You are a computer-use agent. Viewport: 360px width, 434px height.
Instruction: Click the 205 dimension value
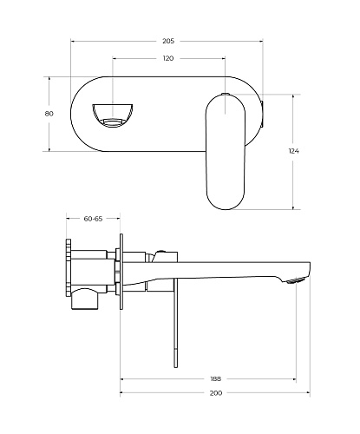click(x=168, y=41)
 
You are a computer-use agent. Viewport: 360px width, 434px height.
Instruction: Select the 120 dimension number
click(x=168, y=58)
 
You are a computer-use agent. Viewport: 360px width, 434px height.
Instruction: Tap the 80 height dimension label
click(x=49, y=114)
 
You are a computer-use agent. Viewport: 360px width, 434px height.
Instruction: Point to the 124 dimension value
click(x=293, y=151)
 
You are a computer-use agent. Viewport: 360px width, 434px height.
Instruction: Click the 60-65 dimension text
click(x=93, y=219)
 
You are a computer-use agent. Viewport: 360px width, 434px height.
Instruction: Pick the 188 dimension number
click(x=216, y=378)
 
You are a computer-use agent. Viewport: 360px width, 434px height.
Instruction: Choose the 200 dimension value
click(x=216, y=393)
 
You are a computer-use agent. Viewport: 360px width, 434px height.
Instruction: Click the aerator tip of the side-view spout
click(x=297, y=280)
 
